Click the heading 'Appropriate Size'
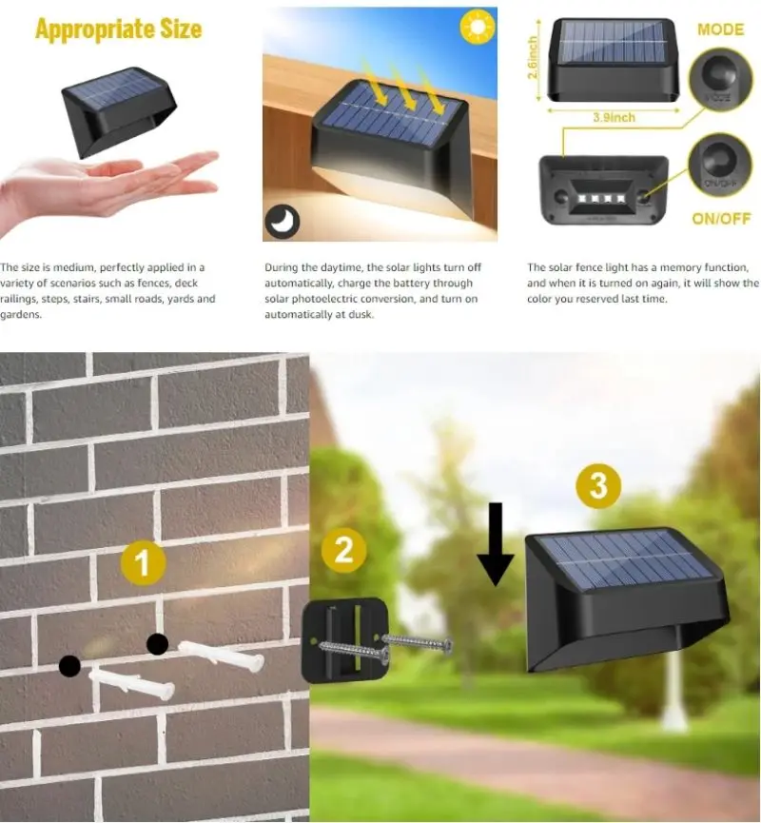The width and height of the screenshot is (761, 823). (118, 29)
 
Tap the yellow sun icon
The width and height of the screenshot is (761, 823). (478, 26)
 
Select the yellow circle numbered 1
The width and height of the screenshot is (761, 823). (143, 563)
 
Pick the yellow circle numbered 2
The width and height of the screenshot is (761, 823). (344, 550)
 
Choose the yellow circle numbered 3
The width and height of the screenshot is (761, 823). (597, 486)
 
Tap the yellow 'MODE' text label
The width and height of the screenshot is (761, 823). (720, 29)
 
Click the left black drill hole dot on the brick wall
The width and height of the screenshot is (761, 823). (69, 666)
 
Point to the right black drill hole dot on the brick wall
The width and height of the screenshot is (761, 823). (158, 644)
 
